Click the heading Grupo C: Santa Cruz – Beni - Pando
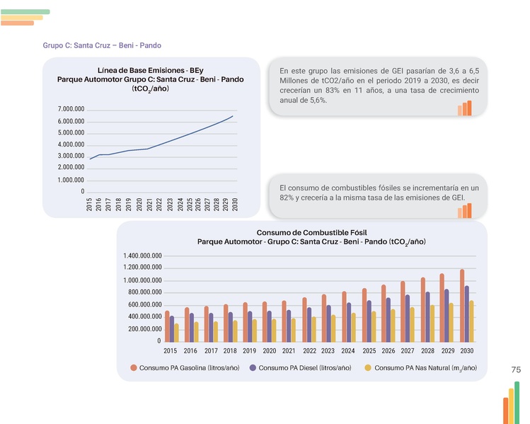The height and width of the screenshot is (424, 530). pyautogui.click(x=102, y=45)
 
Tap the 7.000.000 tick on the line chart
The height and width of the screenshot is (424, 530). pyautogui.click(x=71, y=110)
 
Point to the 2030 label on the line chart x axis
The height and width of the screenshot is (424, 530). pyautogui.click(x=234, y=205)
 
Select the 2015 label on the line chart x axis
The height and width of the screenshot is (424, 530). pyautogui.click(x=89, y=205)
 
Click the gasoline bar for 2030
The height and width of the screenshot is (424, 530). pyautogui.click(x=461, y=305)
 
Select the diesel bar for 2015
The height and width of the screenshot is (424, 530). pyautogui.click(x=172, y=328)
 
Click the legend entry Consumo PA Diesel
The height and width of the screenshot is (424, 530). pyautogui.click(x=304, y=368)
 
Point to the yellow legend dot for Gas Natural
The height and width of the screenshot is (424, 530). pyautogui.click(x=367, y=368)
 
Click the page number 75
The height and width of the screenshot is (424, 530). pyautogui.click(x=515, y=370)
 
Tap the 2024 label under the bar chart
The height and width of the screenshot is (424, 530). pyautogui.click(x=347, y=351)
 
